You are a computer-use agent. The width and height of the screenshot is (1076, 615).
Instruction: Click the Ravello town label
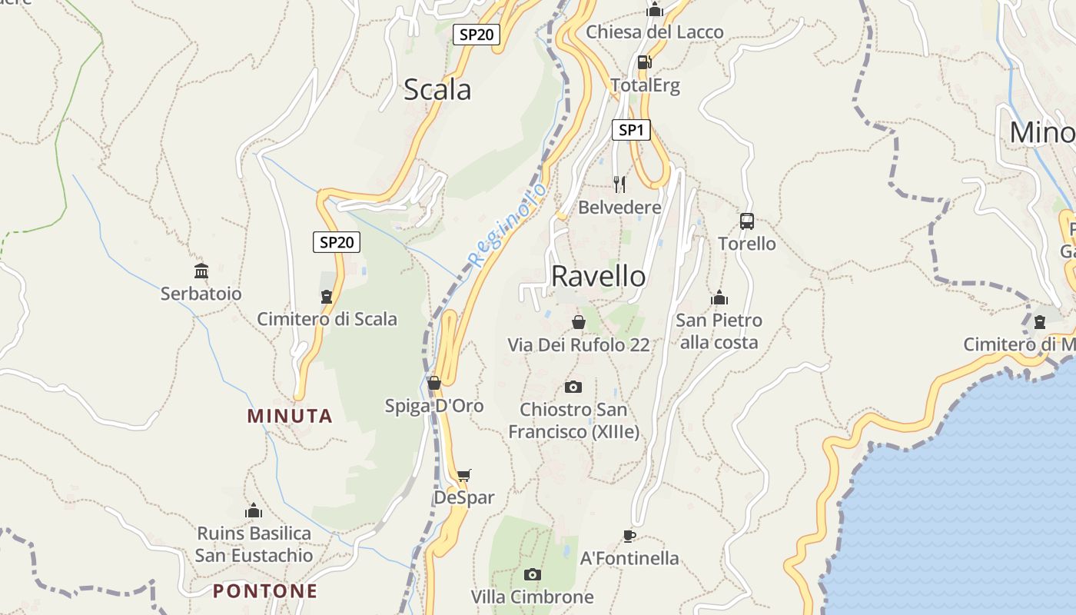coord(599,276)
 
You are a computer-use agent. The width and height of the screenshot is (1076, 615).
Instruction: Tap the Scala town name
coord(437,90)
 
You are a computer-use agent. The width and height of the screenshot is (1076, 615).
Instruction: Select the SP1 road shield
coord(631,130)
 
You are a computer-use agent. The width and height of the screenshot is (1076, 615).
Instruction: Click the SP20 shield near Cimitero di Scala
coord(337,242)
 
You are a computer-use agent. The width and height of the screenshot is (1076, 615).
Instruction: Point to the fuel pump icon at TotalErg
coord(644,62)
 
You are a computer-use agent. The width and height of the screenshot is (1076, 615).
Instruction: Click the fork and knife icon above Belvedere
coord(619,184)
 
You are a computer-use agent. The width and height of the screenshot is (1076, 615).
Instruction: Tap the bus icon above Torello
coord(746,221)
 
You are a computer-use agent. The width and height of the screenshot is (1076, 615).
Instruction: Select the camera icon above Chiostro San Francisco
coord(573,387)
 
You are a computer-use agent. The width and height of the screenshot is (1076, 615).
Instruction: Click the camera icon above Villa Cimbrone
coord(532,574)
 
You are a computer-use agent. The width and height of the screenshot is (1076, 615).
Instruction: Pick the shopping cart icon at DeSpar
coord(463,476)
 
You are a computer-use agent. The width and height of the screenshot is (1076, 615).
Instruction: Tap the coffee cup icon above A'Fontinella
coord(629,536)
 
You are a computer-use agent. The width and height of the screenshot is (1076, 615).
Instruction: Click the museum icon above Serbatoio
coord(201,271)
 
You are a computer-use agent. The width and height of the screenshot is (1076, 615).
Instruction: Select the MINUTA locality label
coord(290,416)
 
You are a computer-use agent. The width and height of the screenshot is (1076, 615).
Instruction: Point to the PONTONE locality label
coord(265,591)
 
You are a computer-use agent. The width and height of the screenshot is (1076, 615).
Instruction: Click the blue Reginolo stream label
coord(508,225)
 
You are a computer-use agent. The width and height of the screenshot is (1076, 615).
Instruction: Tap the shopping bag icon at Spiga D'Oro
coord(434,383)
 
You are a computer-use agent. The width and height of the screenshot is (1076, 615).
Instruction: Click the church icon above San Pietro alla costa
coord(719,298)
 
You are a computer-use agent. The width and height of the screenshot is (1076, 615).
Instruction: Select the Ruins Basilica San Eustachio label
coord(254,544)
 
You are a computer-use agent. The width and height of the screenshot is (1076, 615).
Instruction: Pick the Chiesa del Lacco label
coord(655,32)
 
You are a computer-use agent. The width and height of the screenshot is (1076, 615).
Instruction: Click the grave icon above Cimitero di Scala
coord(327,297)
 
